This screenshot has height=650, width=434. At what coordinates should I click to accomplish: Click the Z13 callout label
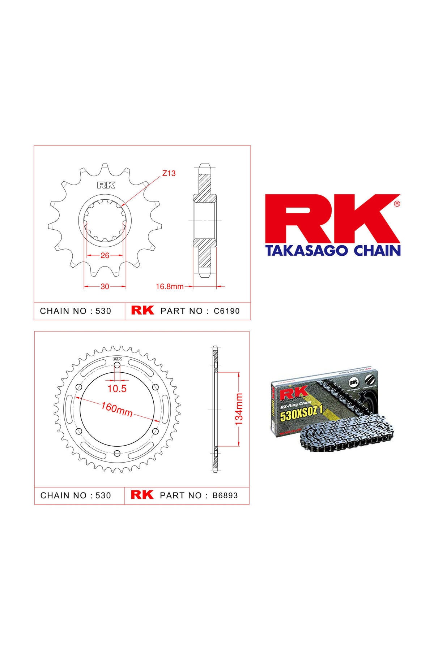point(169,173)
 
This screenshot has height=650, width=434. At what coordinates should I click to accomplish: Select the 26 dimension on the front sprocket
point(105,255)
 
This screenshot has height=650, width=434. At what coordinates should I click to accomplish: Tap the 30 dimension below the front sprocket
point(105,287)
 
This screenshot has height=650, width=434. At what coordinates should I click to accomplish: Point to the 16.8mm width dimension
point(170,287)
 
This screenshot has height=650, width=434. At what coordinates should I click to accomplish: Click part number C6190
point(227,311)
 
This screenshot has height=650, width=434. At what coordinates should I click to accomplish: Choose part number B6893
point(225,495)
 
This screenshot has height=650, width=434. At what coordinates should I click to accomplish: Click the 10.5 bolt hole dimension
point(117,389)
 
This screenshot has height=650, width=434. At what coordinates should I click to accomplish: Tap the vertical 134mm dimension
point(239,409)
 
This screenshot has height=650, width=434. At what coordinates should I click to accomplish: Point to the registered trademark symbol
point(396,204)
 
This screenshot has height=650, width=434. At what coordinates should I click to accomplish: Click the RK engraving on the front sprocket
point(106,186)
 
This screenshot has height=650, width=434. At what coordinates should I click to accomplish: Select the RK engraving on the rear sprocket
point(117,359)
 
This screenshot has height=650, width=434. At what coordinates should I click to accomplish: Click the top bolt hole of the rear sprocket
point(117,366)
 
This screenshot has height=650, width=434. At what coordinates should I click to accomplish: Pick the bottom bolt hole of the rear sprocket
point(116,454)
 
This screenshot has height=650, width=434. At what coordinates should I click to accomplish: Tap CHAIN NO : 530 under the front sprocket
point(76,311)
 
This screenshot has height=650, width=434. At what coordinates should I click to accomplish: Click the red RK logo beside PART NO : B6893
point(142,495)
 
